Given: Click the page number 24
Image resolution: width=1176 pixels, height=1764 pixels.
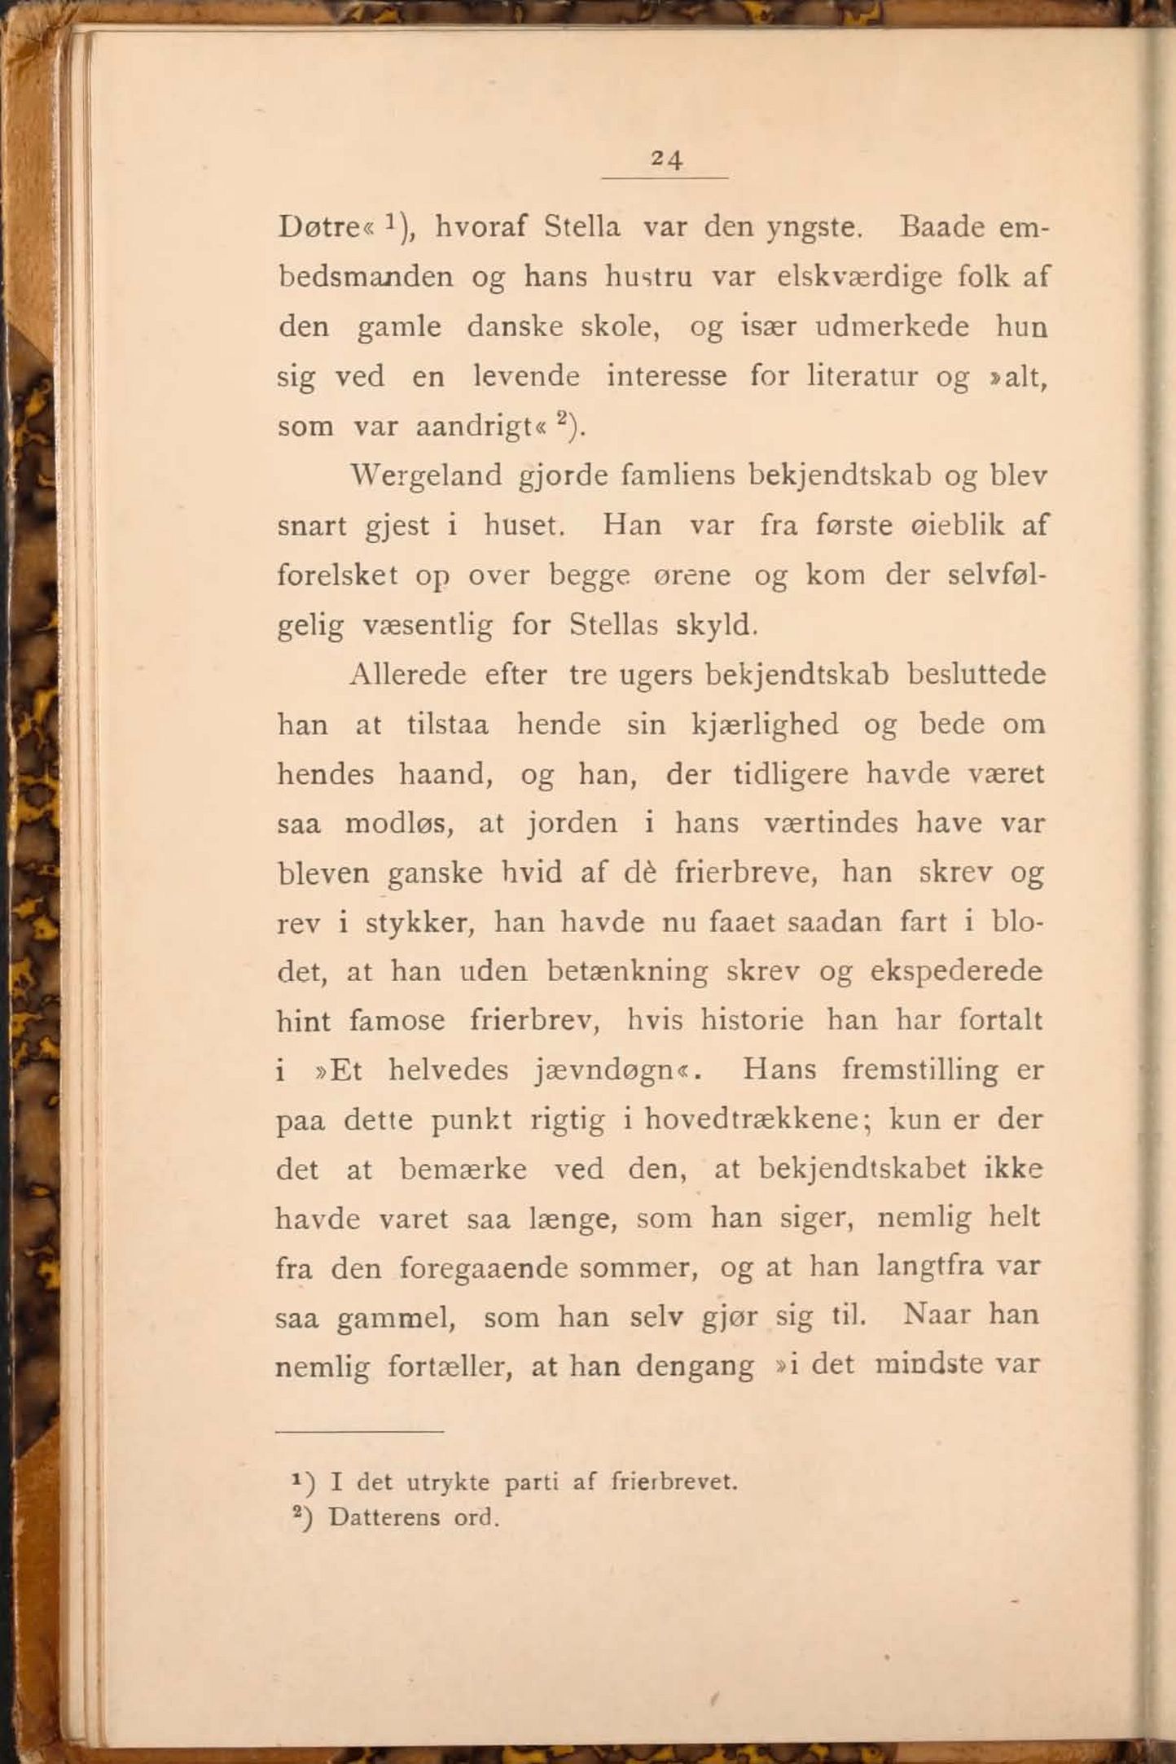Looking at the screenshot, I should (666, 160).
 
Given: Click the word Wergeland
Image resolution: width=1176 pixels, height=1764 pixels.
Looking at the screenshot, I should (426, 475).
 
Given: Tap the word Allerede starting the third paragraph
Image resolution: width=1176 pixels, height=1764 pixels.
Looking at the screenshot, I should (407, 675).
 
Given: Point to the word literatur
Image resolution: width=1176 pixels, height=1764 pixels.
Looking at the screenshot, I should (862, 377).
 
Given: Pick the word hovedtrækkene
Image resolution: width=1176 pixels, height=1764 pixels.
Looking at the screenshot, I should (750, 1120).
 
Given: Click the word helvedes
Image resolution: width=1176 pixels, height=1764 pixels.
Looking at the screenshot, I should (448, 1070).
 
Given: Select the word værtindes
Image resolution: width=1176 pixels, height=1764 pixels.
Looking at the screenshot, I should (832, 823).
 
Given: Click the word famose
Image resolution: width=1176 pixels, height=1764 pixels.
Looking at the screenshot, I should (397, 1021).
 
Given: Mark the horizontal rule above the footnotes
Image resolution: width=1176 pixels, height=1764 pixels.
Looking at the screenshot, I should (359, 1432).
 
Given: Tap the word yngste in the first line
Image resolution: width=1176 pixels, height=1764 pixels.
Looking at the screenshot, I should (812, 227).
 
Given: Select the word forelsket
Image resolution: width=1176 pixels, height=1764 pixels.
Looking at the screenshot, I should (337, 576).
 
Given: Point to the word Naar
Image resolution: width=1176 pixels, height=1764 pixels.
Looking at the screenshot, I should (937, 1315).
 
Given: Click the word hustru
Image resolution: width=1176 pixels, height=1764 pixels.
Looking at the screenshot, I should (648, 278).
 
